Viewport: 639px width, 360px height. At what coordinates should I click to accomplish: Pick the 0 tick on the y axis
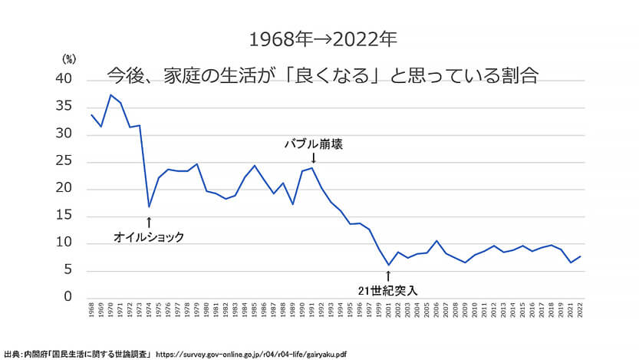pyautogui.click(x=68, y=297)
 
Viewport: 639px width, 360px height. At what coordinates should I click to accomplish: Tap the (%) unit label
pyautogui.click(x=68, y=58)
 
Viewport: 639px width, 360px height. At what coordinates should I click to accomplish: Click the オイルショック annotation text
pyautogui.click(x=149, y=237)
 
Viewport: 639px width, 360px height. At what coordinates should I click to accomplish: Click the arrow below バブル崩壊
pyautogui.click(x=313, y=158)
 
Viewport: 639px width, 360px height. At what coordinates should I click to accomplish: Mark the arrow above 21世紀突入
pyautogui.click(x=388, y=275)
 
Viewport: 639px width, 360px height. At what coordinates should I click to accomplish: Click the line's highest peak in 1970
pyautogui.click(x=110, y=94)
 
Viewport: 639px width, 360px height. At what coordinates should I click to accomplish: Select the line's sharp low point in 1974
pyautogui.click(x=149, y=206)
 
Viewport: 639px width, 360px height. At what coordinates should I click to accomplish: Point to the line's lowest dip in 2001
pyautogui.click(x=388, y=265)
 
